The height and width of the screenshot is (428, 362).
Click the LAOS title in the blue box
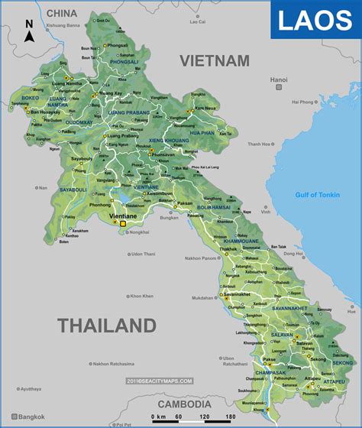click(315, 21)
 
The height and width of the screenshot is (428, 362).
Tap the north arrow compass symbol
click(29, 34)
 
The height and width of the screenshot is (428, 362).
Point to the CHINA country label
click(61, 13)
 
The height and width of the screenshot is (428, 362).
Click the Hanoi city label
click(279, 79)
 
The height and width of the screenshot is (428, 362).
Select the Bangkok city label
click(33, 417)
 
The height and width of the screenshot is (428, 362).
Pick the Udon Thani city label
click(143, 254)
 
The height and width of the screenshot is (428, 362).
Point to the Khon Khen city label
click(141, 296)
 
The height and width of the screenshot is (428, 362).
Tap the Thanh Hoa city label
click(283, 144)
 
